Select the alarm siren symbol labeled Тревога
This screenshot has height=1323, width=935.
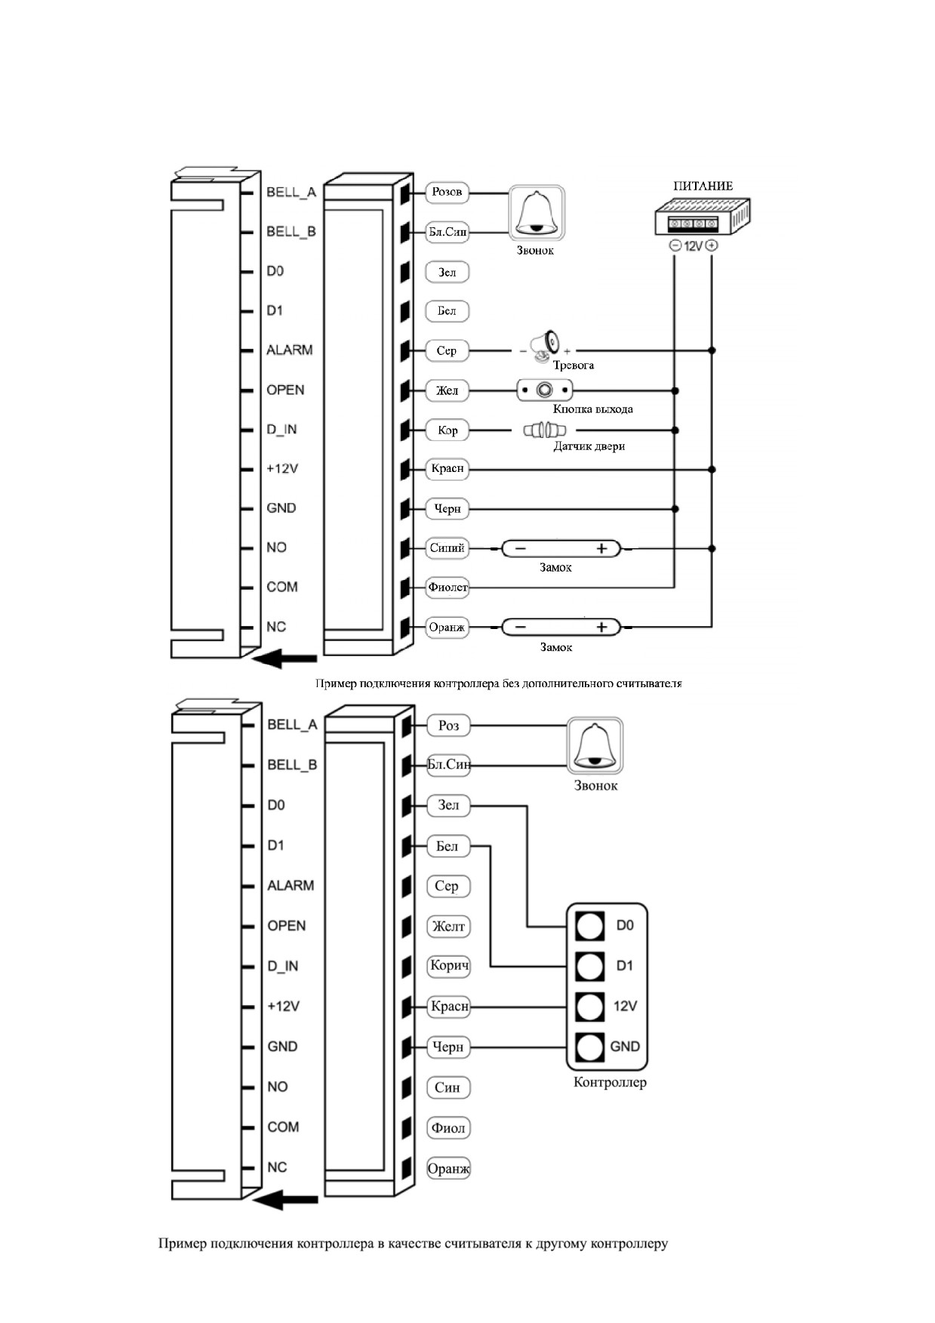coord(544,344)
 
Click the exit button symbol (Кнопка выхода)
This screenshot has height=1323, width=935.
coord(544,390)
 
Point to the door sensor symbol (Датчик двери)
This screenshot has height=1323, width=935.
coord(545,430)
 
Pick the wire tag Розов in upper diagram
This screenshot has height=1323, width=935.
coord(448,192)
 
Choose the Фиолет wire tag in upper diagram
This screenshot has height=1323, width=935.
coord(448,587)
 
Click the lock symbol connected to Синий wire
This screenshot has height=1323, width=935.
coord(561,548)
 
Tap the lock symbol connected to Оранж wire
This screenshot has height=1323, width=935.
coord(561,627)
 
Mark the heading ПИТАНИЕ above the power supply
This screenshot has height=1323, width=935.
coord(703,186)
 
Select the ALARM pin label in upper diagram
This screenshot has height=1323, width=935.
coord(289,350)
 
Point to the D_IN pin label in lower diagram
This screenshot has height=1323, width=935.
coord(282,966)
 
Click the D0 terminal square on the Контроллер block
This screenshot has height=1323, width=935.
coord(589,926)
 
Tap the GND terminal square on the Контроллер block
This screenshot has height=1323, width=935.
coord(589,1047)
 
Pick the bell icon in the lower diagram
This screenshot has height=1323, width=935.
coord(595,745)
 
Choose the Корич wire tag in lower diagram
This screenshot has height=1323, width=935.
coord(449,966)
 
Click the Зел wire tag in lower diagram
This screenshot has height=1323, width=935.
coord(448,805)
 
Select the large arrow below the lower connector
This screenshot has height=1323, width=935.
coord(285,1198)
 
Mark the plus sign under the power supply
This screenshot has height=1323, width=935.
coord(712,245)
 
